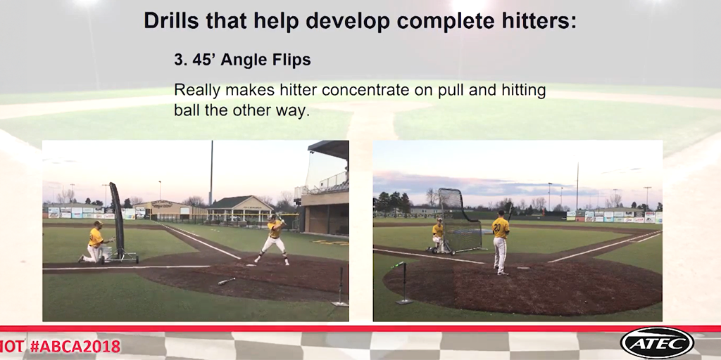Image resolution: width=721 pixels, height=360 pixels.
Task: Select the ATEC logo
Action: (x=657, y=343)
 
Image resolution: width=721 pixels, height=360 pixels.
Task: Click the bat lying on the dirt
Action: (x=226, y=281)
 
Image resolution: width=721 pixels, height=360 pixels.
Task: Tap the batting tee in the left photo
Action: (x=340, y=288)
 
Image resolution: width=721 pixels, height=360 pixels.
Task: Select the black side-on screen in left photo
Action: (x=116, y=218)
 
